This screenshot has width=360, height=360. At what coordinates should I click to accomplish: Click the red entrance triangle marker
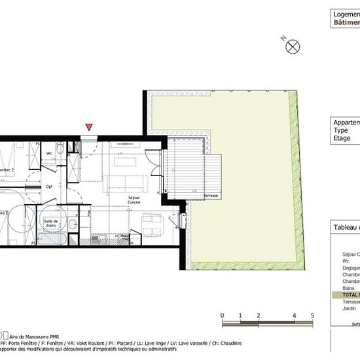coord(89,127)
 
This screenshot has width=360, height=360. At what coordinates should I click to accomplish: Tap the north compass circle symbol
coord(294,46)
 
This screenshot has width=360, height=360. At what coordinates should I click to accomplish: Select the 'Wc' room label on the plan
coord(49,153)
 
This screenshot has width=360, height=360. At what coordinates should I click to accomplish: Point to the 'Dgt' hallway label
coord(48,187)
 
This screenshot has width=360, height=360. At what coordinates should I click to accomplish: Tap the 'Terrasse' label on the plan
coord(210,196)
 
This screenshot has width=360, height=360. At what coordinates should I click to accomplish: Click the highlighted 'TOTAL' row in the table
coord(347,295)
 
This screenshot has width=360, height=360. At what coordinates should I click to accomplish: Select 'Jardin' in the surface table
coord(350,309)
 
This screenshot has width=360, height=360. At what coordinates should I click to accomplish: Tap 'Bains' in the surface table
coord(348,288)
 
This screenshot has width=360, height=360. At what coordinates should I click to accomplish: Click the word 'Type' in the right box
coord(341,130)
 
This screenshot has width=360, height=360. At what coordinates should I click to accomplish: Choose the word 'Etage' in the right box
coord(342,138)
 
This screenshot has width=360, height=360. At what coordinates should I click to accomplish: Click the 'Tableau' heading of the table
coord(346,227)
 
